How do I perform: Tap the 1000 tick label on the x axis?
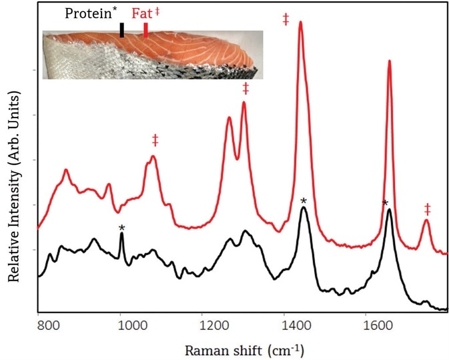tap(121, 326)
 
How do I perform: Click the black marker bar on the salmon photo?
tap(121, 31)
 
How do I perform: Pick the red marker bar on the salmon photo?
tap(146, 31)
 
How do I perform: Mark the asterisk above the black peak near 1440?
tap(304, 201)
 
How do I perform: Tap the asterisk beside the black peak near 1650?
tap(384, 203)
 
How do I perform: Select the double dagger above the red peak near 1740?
tap(427, 209)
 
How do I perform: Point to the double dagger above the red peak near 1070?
tap(155, 140)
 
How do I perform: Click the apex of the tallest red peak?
tap(300, 22)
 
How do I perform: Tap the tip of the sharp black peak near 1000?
tap(121, 234)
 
